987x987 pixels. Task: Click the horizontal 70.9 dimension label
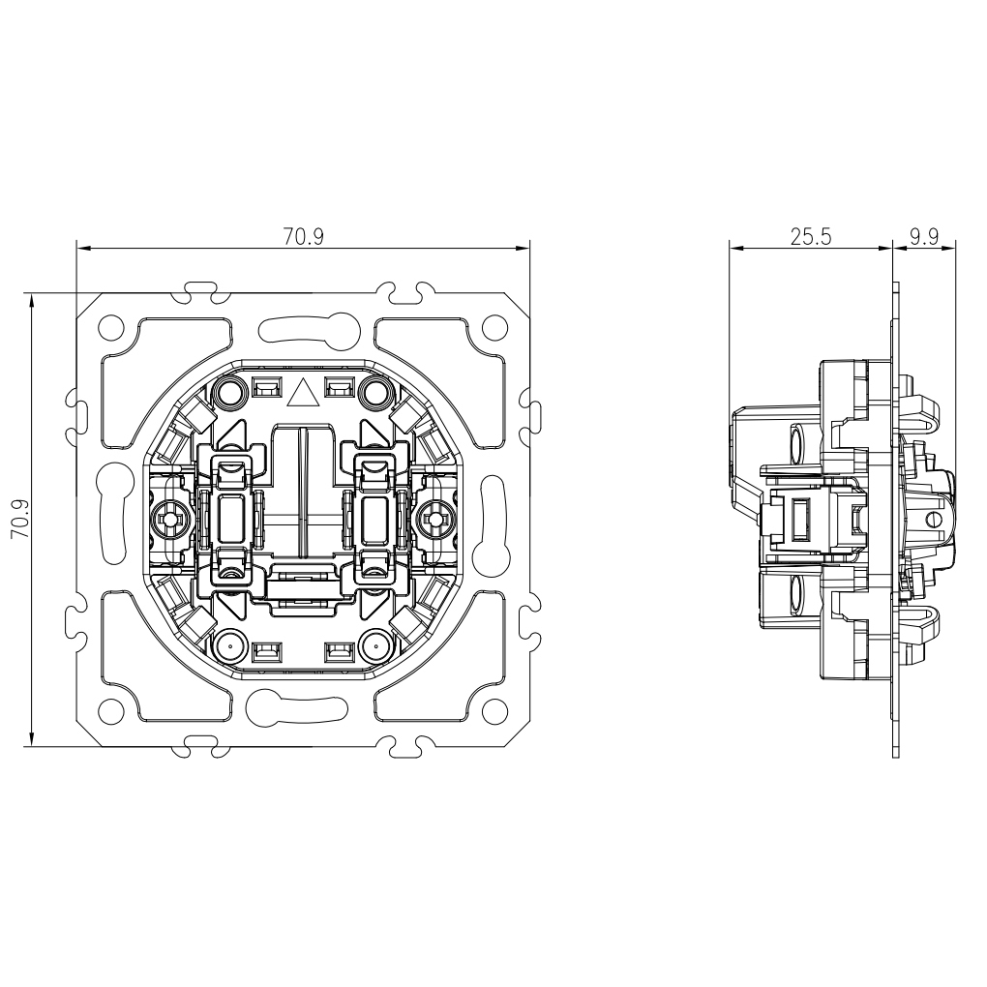(304, 236)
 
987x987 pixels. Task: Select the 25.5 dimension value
(811, 236)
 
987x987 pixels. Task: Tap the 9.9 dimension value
(925, 236)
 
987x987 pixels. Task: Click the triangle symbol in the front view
(303, 392)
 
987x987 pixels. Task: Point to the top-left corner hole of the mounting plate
(113, 326)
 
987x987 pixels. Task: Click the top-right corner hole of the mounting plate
(493, 326)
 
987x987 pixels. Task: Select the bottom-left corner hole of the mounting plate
(113, 709)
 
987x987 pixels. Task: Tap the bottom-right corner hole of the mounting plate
(493, 709)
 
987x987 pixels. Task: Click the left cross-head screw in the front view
(171, 520)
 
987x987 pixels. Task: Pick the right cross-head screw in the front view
(434, 520)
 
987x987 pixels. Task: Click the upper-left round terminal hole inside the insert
(230, 392)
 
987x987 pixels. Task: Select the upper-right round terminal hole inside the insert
(375, 392)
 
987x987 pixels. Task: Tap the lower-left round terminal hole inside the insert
(230, 645)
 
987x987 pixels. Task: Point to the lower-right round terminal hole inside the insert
(375, 645)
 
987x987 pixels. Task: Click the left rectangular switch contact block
(230, 519)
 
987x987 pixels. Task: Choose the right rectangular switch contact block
(375, 519)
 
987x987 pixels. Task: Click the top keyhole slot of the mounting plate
(302, 330)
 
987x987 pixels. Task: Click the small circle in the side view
(931, 519)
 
